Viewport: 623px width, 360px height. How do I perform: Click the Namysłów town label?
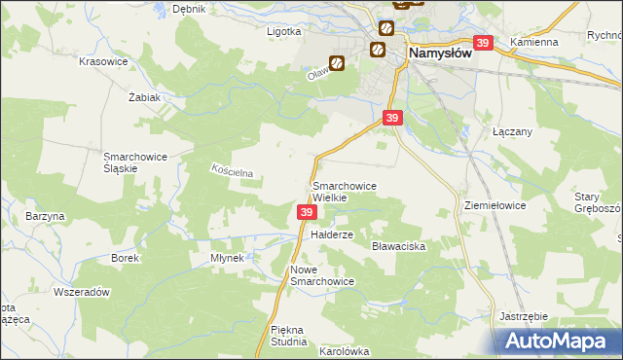point(440,54)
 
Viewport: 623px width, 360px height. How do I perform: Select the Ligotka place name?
point(284,30)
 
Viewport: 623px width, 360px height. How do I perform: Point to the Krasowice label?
point(104,60)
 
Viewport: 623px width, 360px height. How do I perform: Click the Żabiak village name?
point(143,97)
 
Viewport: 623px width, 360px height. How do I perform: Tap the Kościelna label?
point(233,171)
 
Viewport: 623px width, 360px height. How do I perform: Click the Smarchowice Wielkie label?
point(344,191)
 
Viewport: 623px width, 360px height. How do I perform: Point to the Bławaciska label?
point(399,247)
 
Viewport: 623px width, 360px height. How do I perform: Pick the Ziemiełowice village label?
point(495,206)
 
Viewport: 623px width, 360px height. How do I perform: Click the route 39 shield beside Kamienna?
point(484,43)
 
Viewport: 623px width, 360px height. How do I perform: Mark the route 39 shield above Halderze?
point(307,212)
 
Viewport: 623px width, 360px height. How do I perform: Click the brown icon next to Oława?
point(337,64)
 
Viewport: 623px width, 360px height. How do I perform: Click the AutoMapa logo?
point(557,341)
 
